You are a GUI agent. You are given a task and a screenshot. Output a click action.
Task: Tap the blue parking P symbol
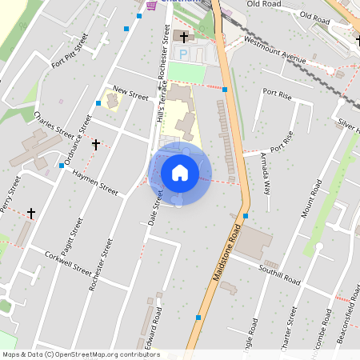coord(182,54)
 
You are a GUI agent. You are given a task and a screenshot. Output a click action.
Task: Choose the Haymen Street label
coord(94,182)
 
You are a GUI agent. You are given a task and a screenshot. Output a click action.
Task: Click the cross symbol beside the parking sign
coord(184,37)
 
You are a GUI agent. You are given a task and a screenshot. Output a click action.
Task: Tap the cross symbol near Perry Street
coord(31,213)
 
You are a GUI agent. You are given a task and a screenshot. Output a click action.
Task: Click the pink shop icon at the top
coord(152,5)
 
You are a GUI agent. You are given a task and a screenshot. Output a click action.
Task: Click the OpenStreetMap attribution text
coord(81,354)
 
